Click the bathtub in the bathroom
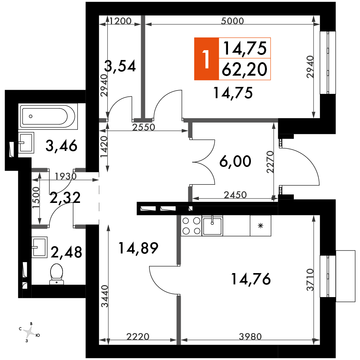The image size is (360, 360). (48, 116)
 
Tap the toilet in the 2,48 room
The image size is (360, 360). (56, 274)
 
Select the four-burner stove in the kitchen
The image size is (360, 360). (191, 226)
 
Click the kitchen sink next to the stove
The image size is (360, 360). (212, 226)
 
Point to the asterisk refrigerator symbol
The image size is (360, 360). (260, 226)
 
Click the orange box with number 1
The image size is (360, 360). (207, 59)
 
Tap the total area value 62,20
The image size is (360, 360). (244, 69)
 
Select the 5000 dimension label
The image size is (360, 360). (232, 21)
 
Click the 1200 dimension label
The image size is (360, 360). (120, 21)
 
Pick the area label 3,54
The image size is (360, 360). (120, 66)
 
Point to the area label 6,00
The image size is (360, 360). (235, 161)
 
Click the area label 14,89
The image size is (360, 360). (138, 248)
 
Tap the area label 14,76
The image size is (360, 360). (251, 279)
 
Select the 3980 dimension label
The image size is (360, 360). (250, 337)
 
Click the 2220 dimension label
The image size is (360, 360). (138, 337)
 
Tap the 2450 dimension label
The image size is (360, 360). (235, 195)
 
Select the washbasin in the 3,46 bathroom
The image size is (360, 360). (26, 143)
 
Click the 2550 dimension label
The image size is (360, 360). (144, 127)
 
